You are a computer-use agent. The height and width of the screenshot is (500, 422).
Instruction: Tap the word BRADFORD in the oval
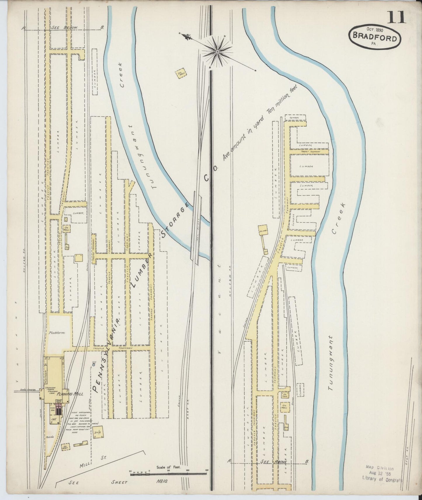(x=375, y=38)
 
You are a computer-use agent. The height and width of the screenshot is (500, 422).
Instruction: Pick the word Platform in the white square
(x=57, y=332)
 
